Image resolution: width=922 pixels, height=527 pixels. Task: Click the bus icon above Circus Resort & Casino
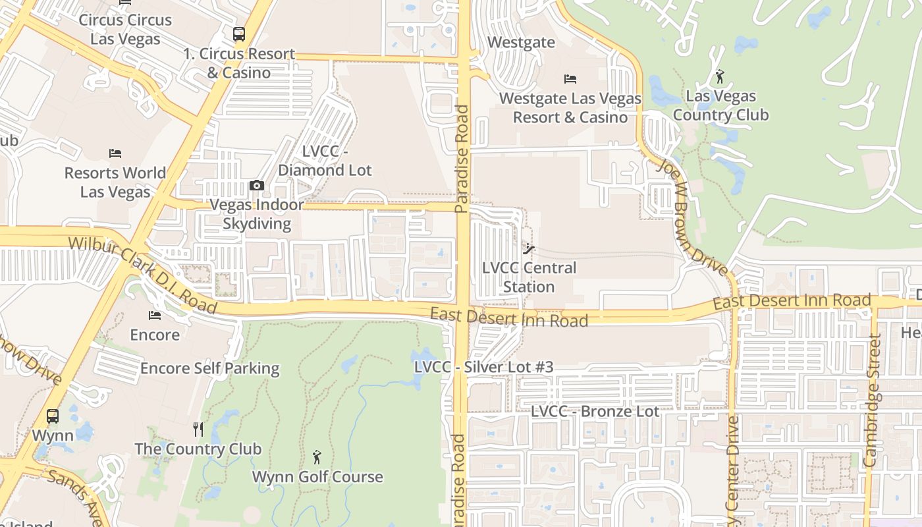(x=239, y=34)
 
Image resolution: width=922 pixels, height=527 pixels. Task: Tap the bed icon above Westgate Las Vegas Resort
(x=570, y=79)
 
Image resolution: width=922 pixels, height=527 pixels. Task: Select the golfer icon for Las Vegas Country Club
(x=720, y=77)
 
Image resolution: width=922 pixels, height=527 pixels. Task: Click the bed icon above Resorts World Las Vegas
(x=115, y=153)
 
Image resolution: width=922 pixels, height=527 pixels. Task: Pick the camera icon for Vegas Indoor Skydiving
(x=257, y=186)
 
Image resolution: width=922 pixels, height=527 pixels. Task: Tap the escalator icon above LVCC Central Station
(x=529, y=249)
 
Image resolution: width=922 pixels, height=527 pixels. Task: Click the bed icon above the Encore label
(x=155, y=316)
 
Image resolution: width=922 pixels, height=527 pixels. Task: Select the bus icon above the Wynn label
(x=53, y=416)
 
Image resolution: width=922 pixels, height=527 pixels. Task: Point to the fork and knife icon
(x=198, y=430)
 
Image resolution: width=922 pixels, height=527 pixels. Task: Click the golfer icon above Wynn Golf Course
(x=317, y=457)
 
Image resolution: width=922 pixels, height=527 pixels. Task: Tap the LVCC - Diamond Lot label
(x=325, y=161)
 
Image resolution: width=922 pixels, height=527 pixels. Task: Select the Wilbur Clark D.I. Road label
(x=142, y=275)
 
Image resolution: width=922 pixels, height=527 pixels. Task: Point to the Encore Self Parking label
(x=210, y=368)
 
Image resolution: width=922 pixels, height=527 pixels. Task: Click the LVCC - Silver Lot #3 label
(x=483, y=367)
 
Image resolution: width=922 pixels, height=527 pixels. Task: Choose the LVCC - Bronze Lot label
(x=595, y=411)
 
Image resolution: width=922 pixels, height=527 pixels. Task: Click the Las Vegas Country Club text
(x=720, y=105)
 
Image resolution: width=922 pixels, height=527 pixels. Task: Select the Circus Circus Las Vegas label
(x=125, y=29)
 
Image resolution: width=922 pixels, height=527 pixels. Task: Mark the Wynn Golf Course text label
(x=317, y=476)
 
